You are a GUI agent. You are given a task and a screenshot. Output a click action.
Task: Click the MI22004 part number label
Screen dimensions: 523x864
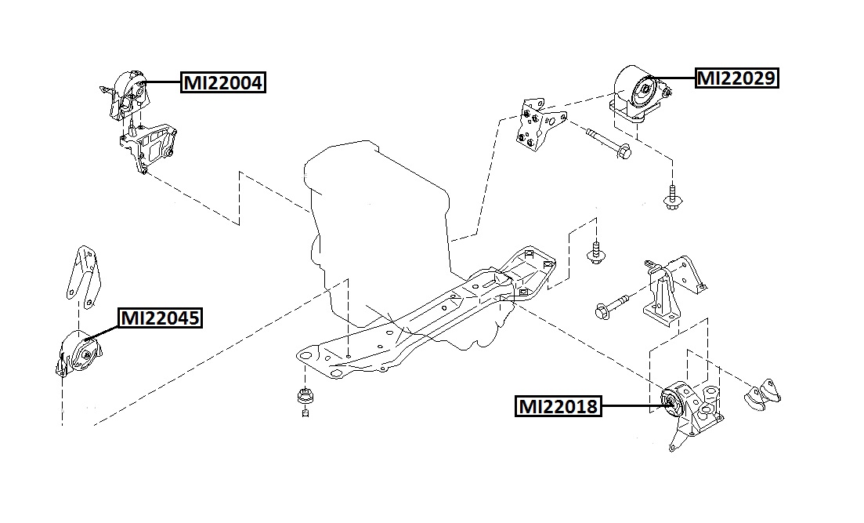tap(223, 82)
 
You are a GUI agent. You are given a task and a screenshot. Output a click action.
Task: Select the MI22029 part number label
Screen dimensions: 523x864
tap(736, 78)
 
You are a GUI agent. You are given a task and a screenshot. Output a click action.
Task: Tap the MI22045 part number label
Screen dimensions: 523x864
tap(160, 318)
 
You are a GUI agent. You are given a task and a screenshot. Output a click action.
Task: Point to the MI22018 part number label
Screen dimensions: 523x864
tap(558, 406)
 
